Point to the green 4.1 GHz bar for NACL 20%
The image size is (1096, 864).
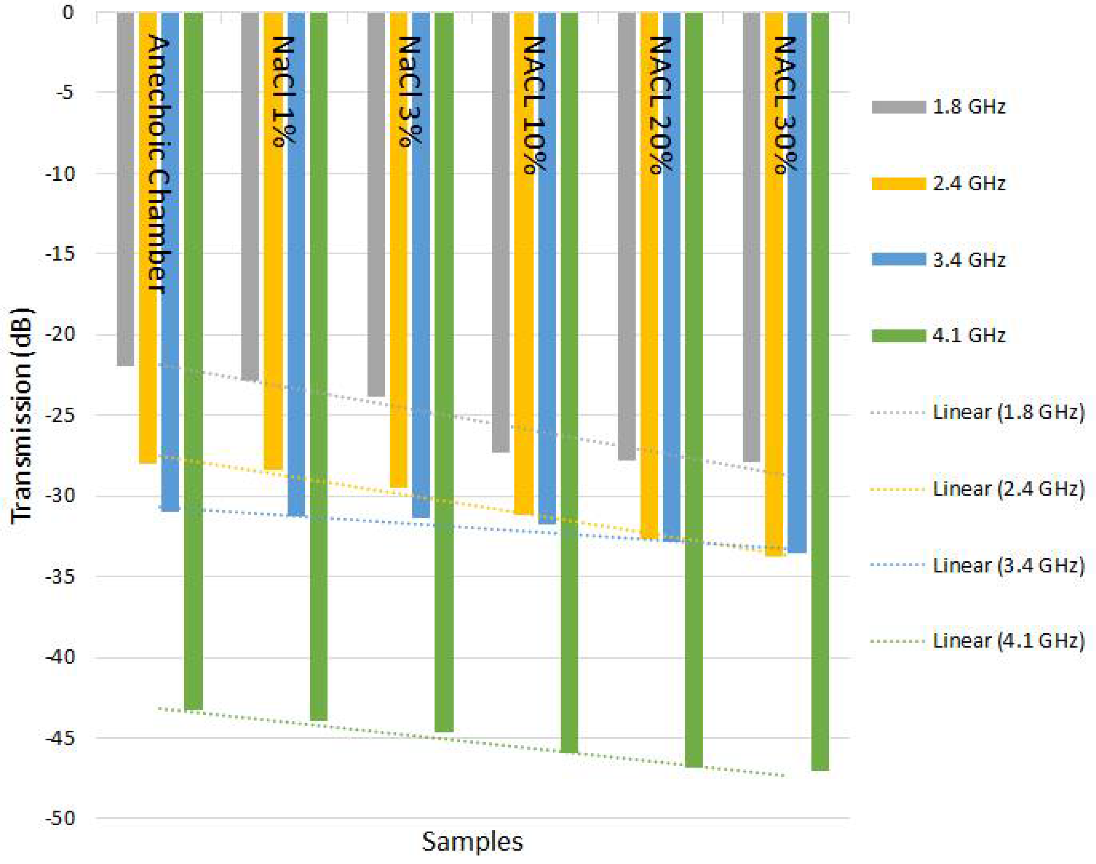694,390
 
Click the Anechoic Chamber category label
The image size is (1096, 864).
158,164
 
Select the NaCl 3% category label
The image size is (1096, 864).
409,92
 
